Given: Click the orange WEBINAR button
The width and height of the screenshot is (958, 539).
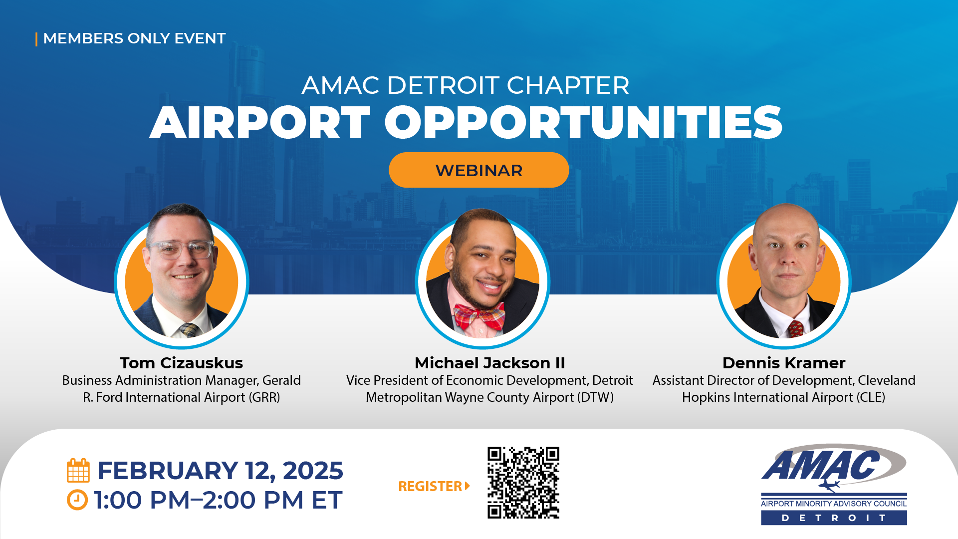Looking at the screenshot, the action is click(x=479, y=170).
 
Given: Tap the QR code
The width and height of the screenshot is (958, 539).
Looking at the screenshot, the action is click(x=523, y=483).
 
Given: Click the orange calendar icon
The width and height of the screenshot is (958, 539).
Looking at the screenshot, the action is click(x=78, y=470).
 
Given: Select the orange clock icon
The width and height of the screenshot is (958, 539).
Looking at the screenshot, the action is click(x=77, y=500).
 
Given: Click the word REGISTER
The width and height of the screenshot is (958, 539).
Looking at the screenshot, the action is click(x=430, y=486).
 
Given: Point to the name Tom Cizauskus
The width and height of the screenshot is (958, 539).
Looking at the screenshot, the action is click(x=181, y=363).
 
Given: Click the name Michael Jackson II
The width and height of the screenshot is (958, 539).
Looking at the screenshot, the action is click(x=489, y=363).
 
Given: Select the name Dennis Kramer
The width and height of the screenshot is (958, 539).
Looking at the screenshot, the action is click(x=784, y=363).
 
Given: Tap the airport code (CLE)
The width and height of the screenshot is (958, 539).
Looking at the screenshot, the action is click(x=871, y=397).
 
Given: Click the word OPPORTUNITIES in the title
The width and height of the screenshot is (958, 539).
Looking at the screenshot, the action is click(x=583, y=123).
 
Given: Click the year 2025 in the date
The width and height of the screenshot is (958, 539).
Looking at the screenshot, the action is click(x=313, y=471).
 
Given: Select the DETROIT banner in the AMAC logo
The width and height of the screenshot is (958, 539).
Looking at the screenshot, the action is click(x=834, y=518).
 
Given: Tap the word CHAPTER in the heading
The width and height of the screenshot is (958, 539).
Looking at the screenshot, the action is click(x=568, y=85).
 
